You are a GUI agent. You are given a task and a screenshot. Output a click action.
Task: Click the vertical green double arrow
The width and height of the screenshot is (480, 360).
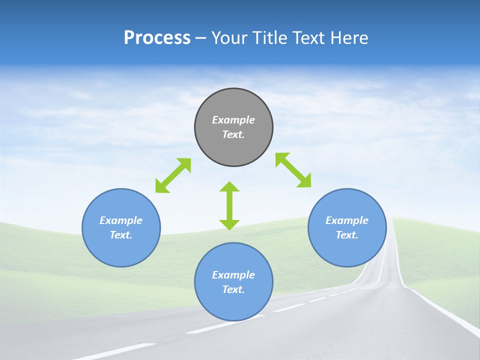229,205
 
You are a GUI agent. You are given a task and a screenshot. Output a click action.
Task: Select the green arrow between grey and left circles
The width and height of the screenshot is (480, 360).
173,175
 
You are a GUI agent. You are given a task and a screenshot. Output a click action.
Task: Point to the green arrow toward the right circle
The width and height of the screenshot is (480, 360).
293,170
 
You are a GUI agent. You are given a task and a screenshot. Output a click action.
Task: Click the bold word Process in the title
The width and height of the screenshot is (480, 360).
157,38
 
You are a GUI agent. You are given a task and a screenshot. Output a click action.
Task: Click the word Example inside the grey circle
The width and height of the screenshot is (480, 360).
233,120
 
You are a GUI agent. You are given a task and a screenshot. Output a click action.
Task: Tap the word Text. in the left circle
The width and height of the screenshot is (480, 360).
121,235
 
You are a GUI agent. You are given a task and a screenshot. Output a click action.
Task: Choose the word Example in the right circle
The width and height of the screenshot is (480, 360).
347,220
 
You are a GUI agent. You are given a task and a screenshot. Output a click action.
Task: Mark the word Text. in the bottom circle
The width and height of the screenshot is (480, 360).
233,289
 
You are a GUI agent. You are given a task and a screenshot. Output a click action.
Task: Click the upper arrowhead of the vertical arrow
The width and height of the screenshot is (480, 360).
229,187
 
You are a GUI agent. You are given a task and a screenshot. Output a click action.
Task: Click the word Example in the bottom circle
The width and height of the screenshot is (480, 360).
233,275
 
